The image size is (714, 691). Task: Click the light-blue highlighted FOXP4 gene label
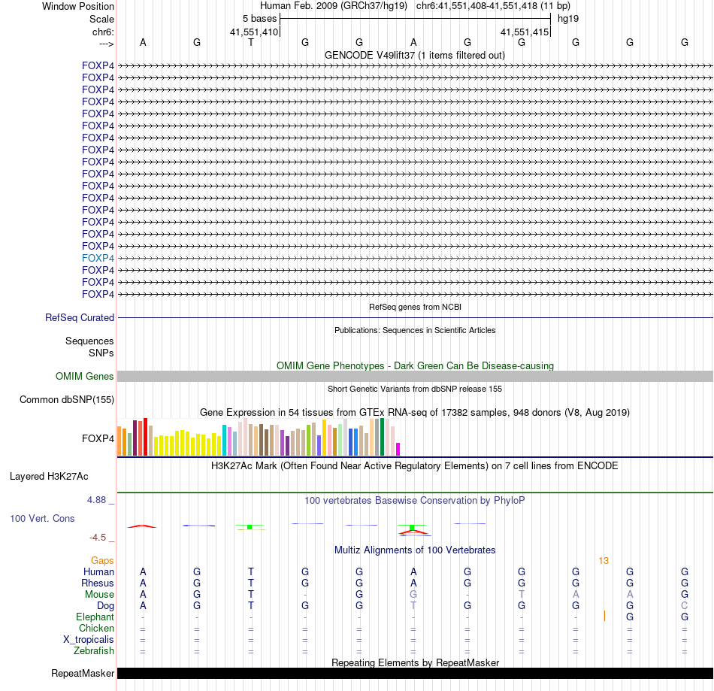pos(98,258)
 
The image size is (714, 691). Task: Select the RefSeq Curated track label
pos(80,318)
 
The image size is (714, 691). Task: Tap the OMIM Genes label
pos(85,377)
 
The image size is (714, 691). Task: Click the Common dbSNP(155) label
pos(67,400)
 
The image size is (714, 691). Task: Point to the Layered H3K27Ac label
pos(49,476)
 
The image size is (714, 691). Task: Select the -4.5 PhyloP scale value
pos(101,538)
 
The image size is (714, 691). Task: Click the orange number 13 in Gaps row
pos(604,561)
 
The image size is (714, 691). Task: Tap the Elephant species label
pos(95,617)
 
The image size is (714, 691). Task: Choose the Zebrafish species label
pos(94,651)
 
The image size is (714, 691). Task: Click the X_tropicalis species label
pos(89,640)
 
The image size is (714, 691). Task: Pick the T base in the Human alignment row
pos(251,572)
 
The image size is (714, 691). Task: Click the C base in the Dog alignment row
pos(684,606)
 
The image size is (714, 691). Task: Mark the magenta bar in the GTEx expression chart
pos(398,449)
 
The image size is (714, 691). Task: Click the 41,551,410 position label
pos(254,32)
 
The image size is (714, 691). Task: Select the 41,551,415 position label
pos(525,32)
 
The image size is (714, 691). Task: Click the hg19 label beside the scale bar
pos(568,17)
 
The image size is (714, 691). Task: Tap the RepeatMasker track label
pos(83,674)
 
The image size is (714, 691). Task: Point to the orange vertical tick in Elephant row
pos(604,617)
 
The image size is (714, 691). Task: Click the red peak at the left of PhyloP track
pos(143,526)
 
